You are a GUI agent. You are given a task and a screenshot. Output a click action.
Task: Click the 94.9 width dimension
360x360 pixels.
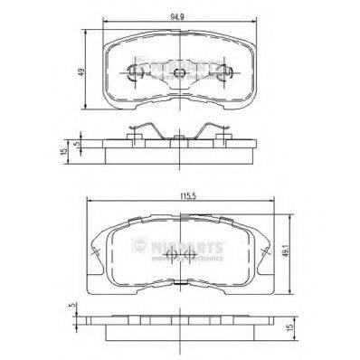pyautogui.click(x=180, y=15)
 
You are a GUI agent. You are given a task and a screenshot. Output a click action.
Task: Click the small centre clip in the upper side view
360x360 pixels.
pyautogui.click(x=180, y=137)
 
